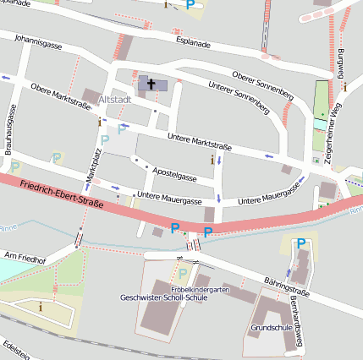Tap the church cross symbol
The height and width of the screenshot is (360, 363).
[152, 84]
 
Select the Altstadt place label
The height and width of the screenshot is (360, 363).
[115, 100]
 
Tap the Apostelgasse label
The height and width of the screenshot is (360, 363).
[175, 173]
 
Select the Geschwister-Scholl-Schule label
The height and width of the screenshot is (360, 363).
[163, 297]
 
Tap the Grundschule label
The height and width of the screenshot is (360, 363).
[272, 325]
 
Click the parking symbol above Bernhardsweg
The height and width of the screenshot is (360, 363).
[300, 244]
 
